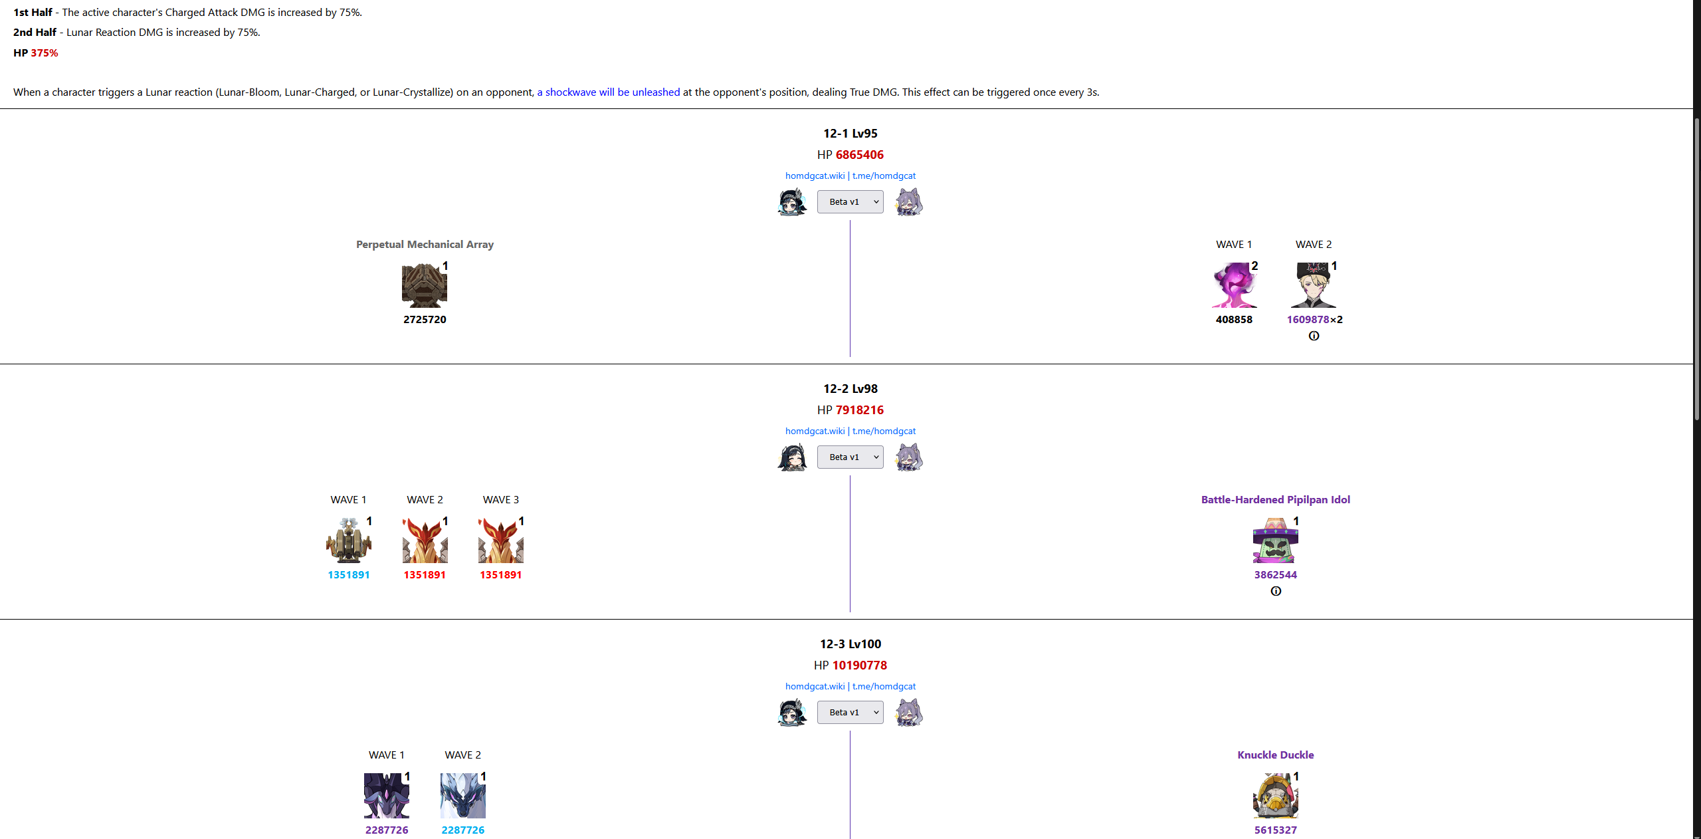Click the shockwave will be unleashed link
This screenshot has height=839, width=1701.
coord(608,92)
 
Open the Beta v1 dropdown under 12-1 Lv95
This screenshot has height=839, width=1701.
coord(850,202)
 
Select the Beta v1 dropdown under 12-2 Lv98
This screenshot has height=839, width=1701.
coord(850,457)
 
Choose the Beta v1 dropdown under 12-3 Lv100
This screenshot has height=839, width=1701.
coord(850,713)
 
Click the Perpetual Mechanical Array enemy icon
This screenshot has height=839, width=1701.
coord(424,286)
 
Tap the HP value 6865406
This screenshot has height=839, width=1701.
coord(859,155)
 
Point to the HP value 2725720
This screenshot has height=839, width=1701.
coord(425,320)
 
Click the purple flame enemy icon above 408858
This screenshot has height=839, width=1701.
coord(1234,286)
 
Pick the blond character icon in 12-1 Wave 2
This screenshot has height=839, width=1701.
coord(1313,286)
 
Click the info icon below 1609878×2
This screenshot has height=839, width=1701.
coord(1314,336)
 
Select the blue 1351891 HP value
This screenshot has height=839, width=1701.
coord(348,575)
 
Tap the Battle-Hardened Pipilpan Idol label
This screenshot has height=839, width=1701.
coord(1275,500)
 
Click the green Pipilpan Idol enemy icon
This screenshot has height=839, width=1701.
coord(1275,541)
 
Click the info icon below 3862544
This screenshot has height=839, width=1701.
coord(1276,592)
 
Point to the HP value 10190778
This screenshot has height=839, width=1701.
coord(859,665)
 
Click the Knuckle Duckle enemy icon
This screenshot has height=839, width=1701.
coord(1275,796)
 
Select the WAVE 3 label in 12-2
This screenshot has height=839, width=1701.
coord(500,500)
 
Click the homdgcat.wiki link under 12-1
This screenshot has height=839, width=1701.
coord(815,176)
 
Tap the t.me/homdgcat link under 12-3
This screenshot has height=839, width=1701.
coord(884,687)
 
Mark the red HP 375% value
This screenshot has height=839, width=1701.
coord(44,53)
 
